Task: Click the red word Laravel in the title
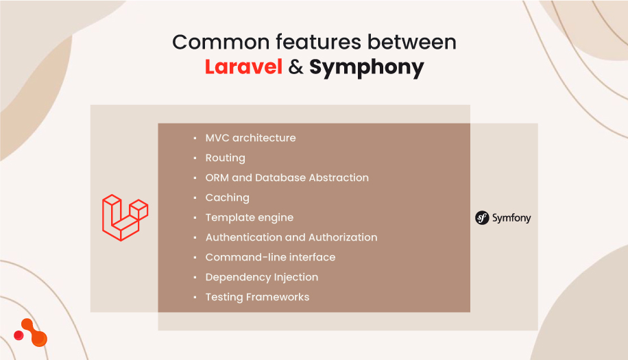point(243,67)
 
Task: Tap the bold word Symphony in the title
point(366,68)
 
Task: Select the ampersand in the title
point(295,67)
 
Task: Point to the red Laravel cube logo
point(125,217)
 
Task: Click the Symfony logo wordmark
point(511,218)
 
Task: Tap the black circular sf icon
point(482,218)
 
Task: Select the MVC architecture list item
point(250,138)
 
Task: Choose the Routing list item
point(225,158)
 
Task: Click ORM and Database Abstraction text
point(287,178)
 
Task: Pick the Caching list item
point(227,197)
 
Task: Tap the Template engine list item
point(249,217)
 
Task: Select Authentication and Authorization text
point(291,237)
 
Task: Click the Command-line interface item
point(270,257)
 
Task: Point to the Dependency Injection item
point(261,277)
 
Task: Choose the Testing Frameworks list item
point(257,297)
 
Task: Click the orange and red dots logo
point(31,333)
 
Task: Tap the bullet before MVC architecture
point(195,138)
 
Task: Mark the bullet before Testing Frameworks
point(195,298)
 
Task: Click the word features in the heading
point(306,42)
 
